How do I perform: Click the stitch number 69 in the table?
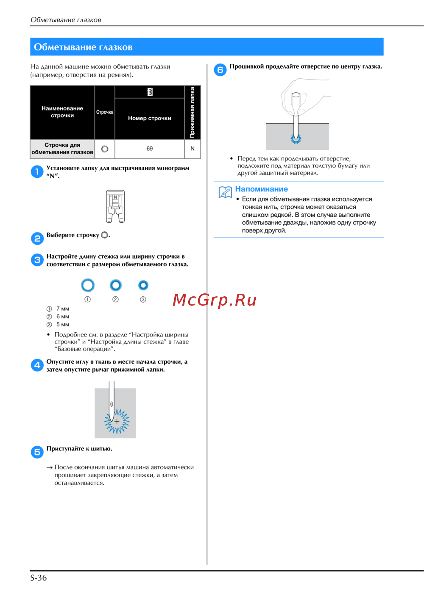click(149, 149)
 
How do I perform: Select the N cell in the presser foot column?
click(192, 149)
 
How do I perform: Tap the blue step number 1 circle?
click(37, 172)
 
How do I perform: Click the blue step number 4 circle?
click(37, 365)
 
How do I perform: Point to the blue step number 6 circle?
click(220, 70)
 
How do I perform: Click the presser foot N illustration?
click(115, 206)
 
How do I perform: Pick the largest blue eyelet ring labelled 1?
click(88, 279)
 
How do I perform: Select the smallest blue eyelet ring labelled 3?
click(143, 281)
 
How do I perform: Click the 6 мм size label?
click(63, 317)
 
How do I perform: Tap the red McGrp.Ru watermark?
click(215, 300)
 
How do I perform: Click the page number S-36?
click(38, 578)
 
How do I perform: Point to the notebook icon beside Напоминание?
click(225, 192)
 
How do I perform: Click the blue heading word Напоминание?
click(262, 189)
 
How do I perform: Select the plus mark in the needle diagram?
click(117, 422)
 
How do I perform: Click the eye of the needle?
click(112, 404)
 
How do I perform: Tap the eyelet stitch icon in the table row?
click(105, 149)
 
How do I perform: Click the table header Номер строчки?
click(149, 118)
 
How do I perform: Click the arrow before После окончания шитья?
click(49, 468)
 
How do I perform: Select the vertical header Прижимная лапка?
click(192, 112)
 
